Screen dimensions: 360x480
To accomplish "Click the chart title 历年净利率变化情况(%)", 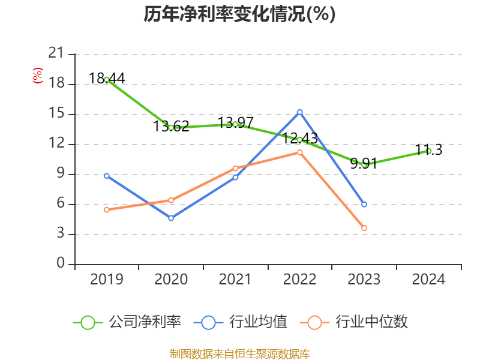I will click(239, 14).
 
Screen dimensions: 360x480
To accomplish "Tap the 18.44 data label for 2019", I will click(107, 78).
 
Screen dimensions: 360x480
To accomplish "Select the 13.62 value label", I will click(171, 126).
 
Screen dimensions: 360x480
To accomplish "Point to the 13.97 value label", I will click(235, 122).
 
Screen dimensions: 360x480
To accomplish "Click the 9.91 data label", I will click(364, 163).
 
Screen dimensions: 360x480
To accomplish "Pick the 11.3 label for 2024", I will click(428, 150).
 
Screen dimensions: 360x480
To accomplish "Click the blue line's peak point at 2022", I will click(300, 112).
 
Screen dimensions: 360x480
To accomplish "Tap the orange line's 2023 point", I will click(364, 228).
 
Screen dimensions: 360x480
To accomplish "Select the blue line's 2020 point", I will click(171, 218).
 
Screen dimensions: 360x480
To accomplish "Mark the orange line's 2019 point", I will click(107, 210).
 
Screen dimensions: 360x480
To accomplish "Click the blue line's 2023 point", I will click(364, 205).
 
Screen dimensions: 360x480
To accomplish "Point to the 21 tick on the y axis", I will click(56, 54).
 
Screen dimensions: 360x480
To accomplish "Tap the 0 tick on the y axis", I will click(61, 264).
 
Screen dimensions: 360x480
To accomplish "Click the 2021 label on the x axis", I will click(235, 279).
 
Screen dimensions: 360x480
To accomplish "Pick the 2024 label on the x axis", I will click(428, 279).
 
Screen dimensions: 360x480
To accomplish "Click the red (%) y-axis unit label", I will click(38, 75).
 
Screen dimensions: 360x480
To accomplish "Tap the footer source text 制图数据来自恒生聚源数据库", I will click(239, 353).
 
